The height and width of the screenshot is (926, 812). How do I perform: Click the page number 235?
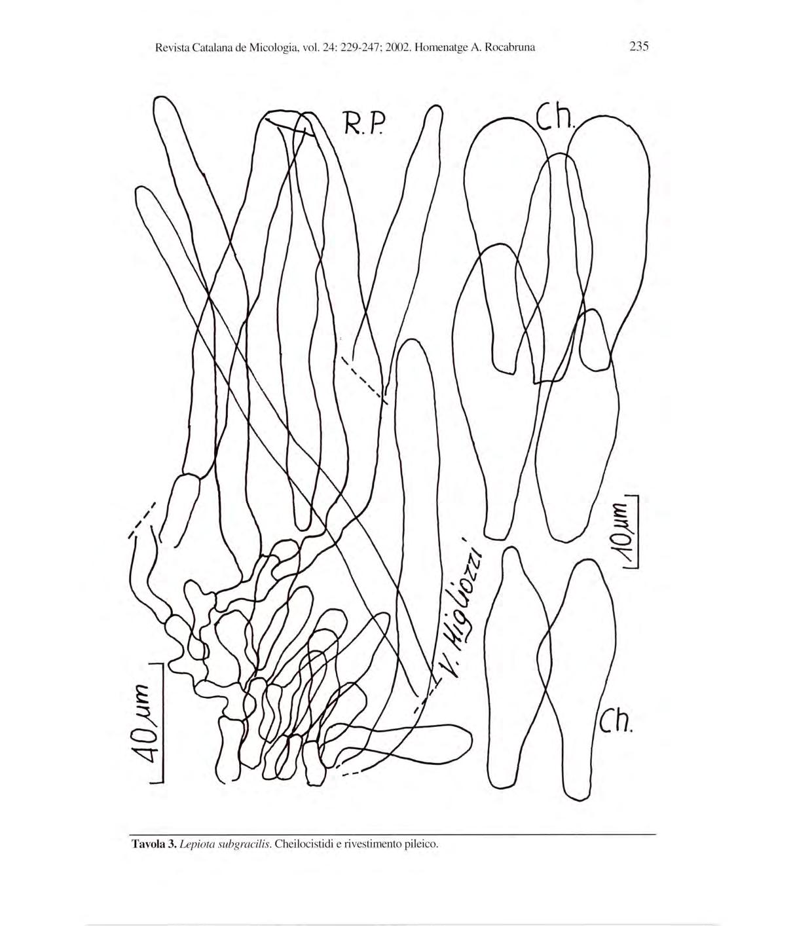point(638,47)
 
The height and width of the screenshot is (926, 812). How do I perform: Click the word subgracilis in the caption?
point(243,843)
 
